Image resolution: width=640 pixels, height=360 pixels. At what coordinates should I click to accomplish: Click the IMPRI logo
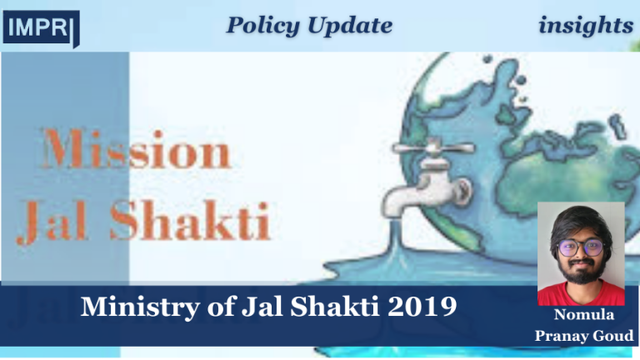point(41,29)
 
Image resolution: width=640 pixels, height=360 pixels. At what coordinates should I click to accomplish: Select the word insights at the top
point(585,26)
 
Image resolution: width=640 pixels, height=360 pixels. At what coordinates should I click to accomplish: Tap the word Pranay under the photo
point(561,335)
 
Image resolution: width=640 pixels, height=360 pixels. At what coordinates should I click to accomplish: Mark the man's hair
point(580,222)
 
